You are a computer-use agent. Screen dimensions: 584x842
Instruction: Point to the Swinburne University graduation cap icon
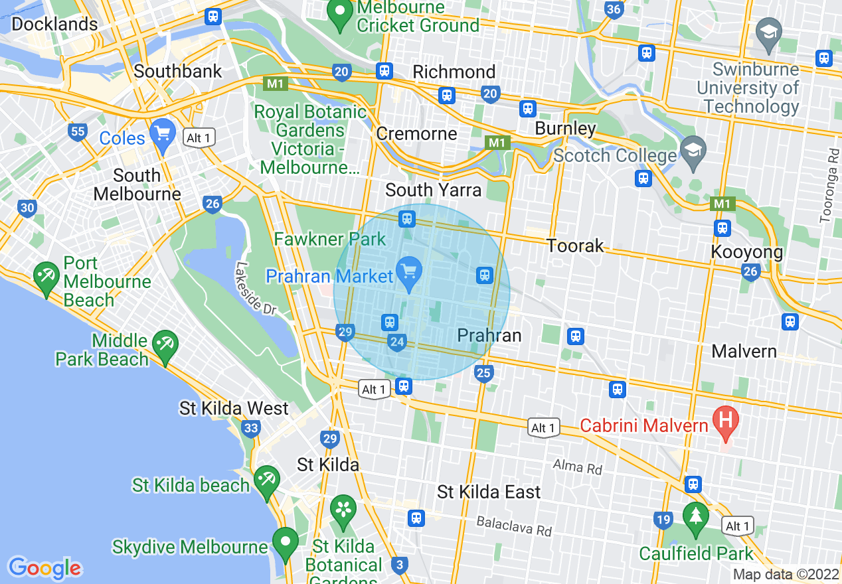(x=769, y=35)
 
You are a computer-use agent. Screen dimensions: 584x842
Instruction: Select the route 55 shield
(x=78, y=131)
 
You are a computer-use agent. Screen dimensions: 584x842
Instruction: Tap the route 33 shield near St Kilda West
(x=251, y=429)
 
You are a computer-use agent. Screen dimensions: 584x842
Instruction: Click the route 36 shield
(x=614, y=9)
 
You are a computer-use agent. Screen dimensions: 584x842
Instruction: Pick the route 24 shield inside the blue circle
(x=397, y=342)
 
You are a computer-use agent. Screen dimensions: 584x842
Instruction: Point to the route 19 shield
(x=663, y=520)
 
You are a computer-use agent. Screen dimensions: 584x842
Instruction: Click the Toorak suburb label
(x=575, y=246)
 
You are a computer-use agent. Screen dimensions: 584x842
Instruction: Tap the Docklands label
(x=54, y=25)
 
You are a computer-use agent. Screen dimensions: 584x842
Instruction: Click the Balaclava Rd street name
(x=514, y=526)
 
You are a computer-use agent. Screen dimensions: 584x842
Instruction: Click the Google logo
(x=44, y=568)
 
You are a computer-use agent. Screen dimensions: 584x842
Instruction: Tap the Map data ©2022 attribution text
(x=786, y=574)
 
